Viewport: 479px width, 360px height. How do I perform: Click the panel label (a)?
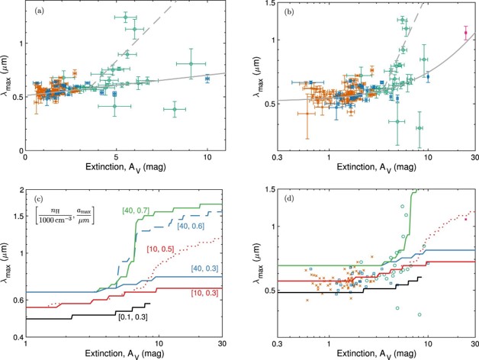click(36, 13)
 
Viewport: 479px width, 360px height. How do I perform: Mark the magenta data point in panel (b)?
click(465, 33)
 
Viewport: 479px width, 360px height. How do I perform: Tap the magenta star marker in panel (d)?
click(465, 219)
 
